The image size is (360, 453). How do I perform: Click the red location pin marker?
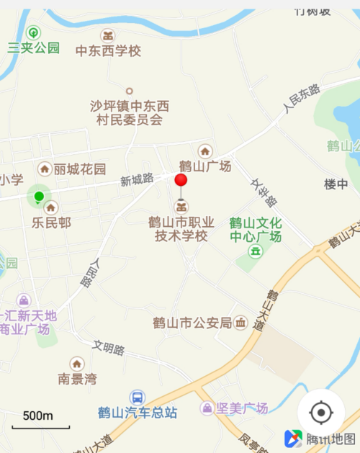(x=181, y=181)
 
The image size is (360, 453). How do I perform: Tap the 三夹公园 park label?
(x=33, y=48)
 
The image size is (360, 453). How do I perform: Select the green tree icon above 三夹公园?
(x=33, y=32)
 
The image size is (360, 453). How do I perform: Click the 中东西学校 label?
(x=108, y=51)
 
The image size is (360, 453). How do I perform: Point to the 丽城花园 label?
(x=79, y=169)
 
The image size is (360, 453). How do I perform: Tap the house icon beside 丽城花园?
(x=45, y=169)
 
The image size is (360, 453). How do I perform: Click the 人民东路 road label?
(x=301, y=99)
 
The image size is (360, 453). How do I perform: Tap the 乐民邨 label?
(x=50, y=223)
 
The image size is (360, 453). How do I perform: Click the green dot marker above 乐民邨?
(x=39, y=196)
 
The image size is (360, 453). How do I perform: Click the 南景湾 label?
(x=77, y=379)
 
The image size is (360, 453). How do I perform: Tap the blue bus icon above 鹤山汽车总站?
(x=137, y=397)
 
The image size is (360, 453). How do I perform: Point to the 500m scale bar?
(x=40, y=425)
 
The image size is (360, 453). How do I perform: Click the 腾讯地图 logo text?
(x=330, y=439)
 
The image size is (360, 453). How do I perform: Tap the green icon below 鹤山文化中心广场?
(x=255, y=251)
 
